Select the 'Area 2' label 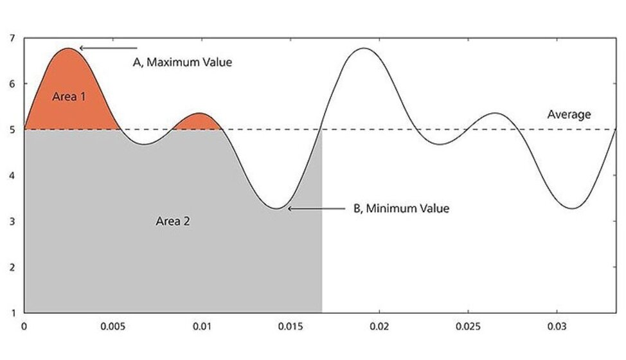[173, 221]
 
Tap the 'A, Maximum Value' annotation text [182, 63]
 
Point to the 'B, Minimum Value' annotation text [401, 208]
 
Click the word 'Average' [569, 114]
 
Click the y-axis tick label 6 [12, 84]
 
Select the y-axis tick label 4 [12, 175]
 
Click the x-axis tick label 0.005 [113, 327]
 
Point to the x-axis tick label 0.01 [202, 327]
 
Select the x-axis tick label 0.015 [291, 327]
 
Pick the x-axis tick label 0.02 [380, 327]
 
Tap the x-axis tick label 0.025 [469, 327]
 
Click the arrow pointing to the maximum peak [108, 48]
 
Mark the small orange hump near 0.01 [199, 122]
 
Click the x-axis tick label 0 [24, 327]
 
